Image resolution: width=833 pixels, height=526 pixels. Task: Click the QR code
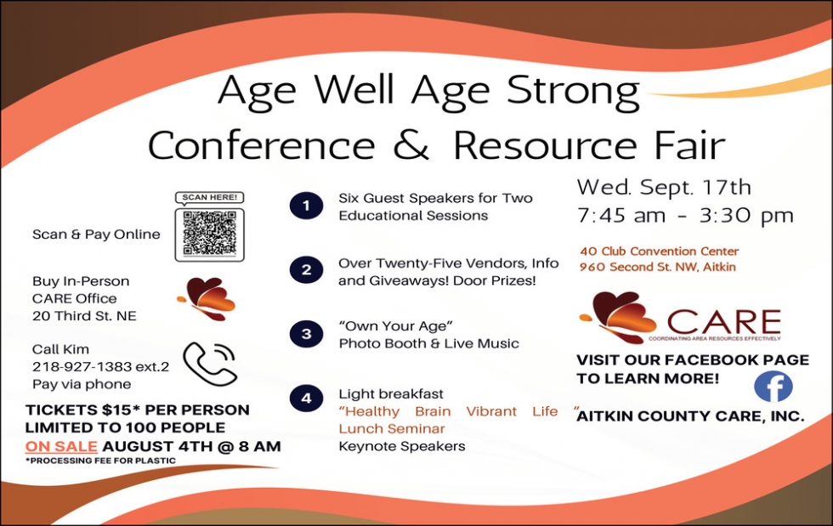tap(210, 235)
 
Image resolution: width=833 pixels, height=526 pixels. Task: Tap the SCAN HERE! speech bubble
tap(210, 198)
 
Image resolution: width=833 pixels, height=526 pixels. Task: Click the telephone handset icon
tap(210, 364)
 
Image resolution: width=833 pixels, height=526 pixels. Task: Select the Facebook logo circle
tap(773, 387)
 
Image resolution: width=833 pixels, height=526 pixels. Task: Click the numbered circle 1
tap(307, 206)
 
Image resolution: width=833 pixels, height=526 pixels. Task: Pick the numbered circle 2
tap(307, 270)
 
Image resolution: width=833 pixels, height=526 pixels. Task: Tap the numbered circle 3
tap(307, 334)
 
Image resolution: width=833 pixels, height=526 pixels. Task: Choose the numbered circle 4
tap(307, 399)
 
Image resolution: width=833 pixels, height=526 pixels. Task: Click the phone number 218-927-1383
tap(82, 366)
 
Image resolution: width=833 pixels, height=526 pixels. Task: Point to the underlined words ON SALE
tap(61, 446)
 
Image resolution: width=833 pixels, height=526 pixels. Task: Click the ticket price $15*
tap(121, 410)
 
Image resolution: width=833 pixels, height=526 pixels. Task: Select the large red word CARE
tap(724, 322)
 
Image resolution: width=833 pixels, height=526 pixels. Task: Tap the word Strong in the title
tap(573, 90)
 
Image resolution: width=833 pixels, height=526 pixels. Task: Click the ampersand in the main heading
tap(411, 144)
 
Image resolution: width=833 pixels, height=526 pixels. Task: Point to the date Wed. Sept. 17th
tap(664, 187)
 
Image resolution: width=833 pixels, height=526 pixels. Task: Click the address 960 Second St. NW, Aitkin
tap(658, 267)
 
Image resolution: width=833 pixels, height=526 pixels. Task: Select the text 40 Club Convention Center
tap(660, 251)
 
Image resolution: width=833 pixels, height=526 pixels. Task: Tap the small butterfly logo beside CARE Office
tap(207, 298)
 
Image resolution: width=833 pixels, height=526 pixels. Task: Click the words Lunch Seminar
tap(392, 429)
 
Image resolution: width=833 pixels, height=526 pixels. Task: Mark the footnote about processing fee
tap(100, 461)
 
